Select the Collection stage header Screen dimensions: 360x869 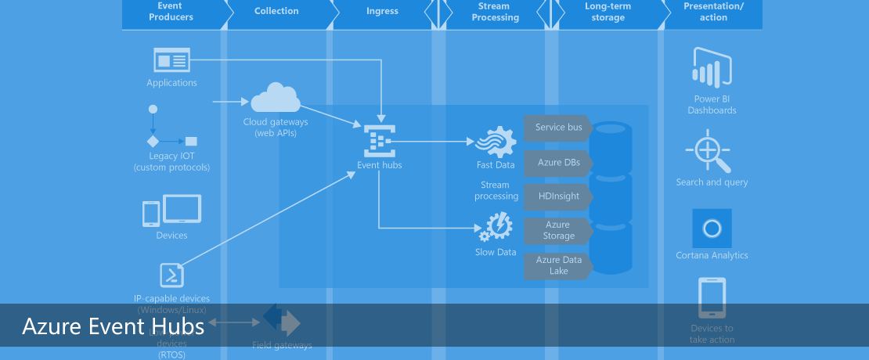click(276, 11)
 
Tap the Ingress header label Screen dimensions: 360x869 click(382, 11)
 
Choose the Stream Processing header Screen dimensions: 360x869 click(495, 12)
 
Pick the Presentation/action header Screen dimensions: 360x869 click(713, 12)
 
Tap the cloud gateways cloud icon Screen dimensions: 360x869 click(275, 98)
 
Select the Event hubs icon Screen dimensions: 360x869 click(380, 140)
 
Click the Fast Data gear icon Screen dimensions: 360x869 click(496, 142)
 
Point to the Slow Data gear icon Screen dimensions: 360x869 click(496, 229)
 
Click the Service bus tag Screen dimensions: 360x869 click(558, 128)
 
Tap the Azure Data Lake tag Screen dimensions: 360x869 click(558, 265)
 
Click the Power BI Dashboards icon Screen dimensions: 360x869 click(712, 67)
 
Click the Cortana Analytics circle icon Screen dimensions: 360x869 click(712, 229)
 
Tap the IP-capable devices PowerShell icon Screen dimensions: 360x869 click(172, 275)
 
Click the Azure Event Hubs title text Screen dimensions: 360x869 click(114, 326)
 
